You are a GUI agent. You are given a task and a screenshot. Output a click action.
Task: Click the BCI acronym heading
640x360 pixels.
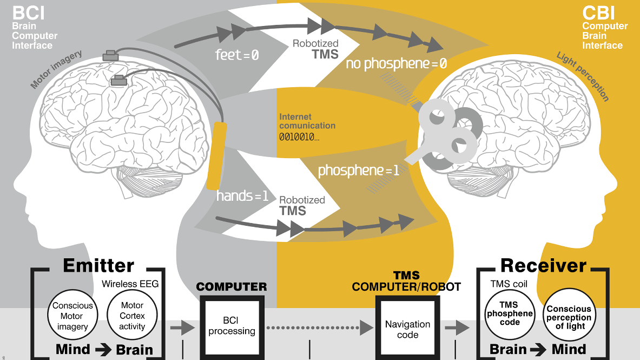click(28, 12)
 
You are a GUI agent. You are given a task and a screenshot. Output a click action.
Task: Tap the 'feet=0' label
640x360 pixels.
click(237, 55)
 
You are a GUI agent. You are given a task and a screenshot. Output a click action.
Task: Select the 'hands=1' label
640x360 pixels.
click(242, 196)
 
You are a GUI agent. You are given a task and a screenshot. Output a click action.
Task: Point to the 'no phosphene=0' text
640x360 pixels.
click(397, 64)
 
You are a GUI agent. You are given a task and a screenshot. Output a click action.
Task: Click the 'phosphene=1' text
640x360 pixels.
click(359, 171)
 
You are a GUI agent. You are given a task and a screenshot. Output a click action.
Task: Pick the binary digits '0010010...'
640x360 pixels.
click(299, 137)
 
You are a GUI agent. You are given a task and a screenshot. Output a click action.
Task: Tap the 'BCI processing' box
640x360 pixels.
click(232, 326)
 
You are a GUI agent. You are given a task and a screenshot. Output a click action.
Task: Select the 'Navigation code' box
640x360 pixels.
click(407, 329)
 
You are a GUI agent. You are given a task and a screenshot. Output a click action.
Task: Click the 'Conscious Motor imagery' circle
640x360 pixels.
click(72, 316)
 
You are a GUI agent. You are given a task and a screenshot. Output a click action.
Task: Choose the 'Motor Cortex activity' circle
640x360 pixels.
click(133, 316)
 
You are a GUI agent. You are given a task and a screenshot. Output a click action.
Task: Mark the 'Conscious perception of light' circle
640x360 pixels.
click(569, 317)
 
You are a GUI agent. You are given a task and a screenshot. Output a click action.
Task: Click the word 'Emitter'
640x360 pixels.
click(98, 266)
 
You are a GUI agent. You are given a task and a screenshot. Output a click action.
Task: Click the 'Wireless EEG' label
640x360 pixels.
click(130, 284)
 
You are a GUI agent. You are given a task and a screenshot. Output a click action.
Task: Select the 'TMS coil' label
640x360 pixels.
click(508, 284)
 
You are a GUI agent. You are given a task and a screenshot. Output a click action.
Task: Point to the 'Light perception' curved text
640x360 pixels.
click(583, 76)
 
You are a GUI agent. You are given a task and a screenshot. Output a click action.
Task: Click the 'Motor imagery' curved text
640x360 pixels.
click(56, 70)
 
